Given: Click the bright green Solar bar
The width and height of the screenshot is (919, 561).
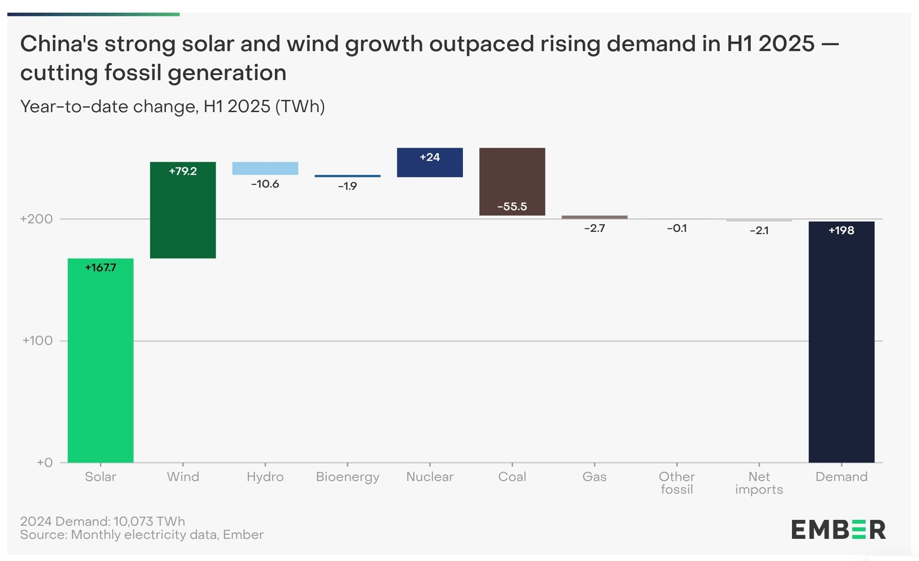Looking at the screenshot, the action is coord(100,360).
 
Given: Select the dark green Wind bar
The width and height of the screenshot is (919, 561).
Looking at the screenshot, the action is coord(183,210).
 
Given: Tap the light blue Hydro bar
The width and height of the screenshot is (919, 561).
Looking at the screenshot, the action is coord(265,168).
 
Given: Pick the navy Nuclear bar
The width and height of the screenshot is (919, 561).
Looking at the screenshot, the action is coord(429,162).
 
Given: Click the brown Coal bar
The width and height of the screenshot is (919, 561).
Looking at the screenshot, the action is coord(512,182).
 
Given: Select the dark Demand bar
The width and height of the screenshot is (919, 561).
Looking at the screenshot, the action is coord(841,342).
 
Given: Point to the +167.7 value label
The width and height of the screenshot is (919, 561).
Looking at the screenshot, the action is coord(100,268).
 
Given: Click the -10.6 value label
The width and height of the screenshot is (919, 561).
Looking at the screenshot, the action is coord(265,184).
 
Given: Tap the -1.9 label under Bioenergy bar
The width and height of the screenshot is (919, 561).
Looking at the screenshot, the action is coord(347,186).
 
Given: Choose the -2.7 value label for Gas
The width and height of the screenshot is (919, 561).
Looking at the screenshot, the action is coord(594,228).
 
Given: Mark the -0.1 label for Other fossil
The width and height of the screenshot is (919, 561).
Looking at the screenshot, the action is coord(677,228).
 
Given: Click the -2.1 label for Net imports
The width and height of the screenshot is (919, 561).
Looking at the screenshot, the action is coord(759,231).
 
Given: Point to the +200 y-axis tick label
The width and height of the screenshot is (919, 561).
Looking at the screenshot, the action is coord(37,219).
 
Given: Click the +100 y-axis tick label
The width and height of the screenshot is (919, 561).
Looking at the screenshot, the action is coord(38,341).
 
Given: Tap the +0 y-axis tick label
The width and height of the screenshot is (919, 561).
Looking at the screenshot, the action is coord(45,462).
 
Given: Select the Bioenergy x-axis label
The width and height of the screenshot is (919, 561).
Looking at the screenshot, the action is coord(348,477).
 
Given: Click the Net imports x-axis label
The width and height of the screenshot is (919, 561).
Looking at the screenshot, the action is coord(759,483).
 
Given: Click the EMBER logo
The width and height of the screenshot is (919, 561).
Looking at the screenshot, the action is coord(839,530).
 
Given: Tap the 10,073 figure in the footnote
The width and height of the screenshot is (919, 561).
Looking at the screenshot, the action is coord(133,521).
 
